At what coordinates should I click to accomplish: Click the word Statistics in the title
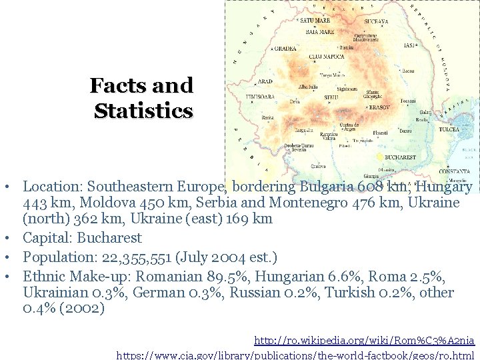pyautogui.click(x=143, y=111)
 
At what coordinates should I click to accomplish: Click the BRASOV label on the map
pyautogui.click(x=379, y=107)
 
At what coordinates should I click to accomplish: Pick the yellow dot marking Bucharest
pyautogui.click(x=380, y=157)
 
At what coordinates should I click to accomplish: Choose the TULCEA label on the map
pyautogui.click(x=449, y=129)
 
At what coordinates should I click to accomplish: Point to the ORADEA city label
pyautogui.click(x=285, y=48)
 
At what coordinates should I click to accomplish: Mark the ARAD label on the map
pyautogui.click(x=265, y=81)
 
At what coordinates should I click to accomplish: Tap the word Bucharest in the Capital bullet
pyautogui.click(x=109, y=238)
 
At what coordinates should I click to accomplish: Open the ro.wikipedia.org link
pyautogui.click(x=364, y=341)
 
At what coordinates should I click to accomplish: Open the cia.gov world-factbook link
pyautogui.click(x=295, y=355)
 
